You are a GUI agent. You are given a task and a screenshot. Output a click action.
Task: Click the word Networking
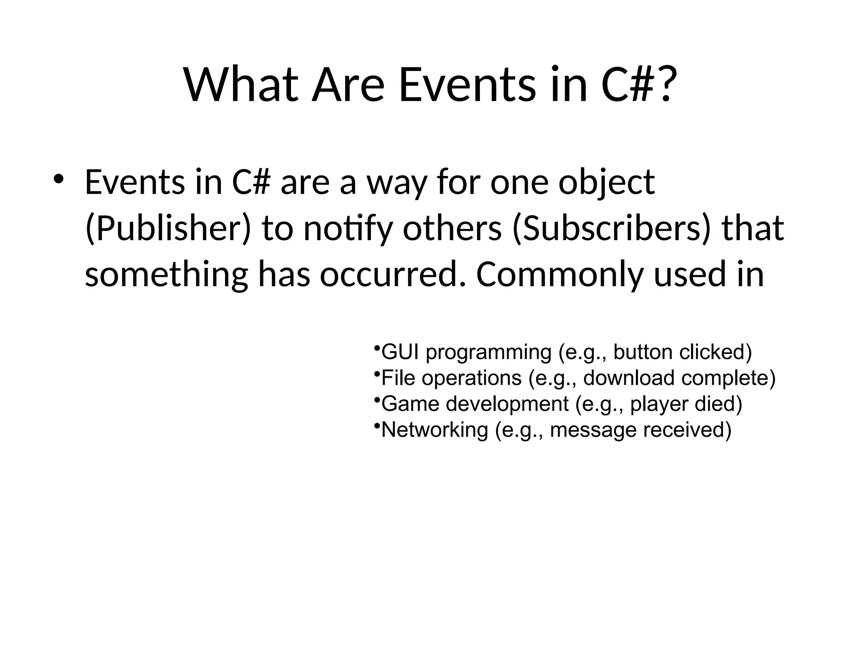pos(434,430)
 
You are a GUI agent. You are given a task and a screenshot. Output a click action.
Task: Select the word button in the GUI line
pos(643,352)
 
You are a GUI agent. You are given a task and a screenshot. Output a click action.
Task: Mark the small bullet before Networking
pos(376,426)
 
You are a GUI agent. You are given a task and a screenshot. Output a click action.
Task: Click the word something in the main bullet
pos(166,274)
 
